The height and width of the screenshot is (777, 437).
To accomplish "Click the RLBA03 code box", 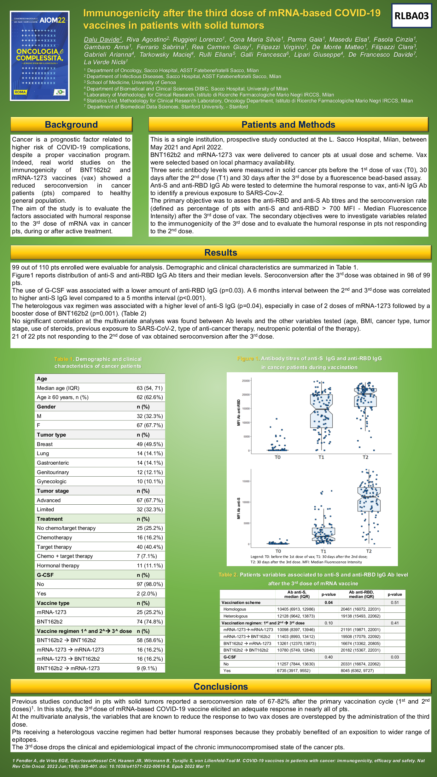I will point(411,16).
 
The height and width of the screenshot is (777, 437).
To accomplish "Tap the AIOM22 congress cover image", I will point(40,56).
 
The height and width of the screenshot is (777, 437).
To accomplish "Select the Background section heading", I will point(71,125).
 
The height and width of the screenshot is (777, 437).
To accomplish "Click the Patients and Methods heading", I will point(288,125).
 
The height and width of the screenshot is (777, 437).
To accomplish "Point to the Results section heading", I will point(221,252).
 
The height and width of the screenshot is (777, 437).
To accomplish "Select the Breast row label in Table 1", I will point(45,444).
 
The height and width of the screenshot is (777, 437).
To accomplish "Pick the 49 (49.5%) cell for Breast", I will point(150,444).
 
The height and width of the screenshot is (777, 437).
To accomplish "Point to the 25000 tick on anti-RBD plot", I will point(246,381).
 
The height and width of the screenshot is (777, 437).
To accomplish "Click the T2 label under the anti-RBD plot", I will point(365,457).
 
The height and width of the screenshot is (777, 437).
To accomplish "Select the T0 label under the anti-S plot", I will point(278,551).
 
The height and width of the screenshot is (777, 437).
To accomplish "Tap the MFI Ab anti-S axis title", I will point(239,508).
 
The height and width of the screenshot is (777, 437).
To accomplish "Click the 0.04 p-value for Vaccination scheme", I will point(329,602).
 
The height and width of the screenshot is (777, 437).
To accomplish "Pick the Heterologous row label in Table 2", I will point(236,616).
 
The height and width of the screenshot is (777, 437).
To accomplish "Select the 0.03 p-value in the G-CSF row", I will point(395,657).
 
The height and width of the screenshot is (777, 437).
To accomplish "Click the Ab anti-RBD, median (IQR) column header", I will point(361,594).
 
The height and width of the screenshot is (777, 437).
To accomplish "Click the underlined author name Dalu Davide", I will point(102,39).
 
